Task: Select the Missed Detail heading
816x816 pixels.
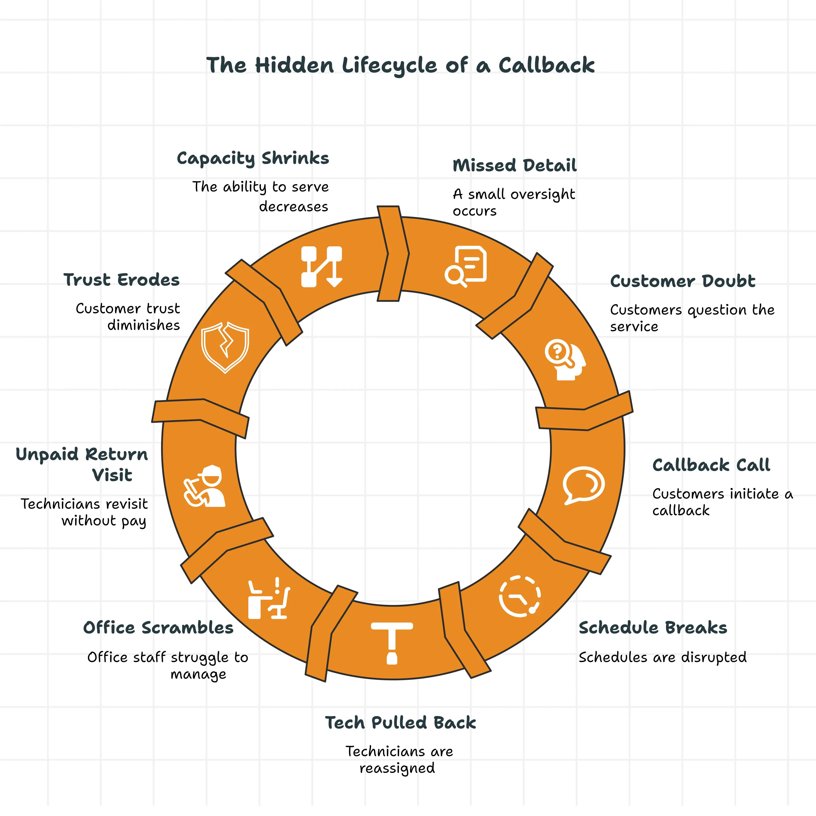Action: click(514, 165)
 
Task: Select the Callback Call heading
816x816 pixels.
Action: click(711, 465)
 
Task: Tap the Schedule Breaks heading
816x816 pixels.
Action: click(653, 628)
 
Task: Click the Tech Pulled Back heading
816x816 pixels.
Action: click(400, 723)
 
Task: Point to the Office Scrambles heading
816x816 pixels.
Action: click(158, 628)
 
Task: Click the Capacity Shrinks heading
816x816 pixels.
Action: click(252, 158)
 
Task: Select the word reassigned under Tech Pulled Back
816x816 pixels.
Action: click(397, 768)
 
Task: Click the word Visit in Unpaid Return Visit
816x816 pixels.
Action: click(112, 475)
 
